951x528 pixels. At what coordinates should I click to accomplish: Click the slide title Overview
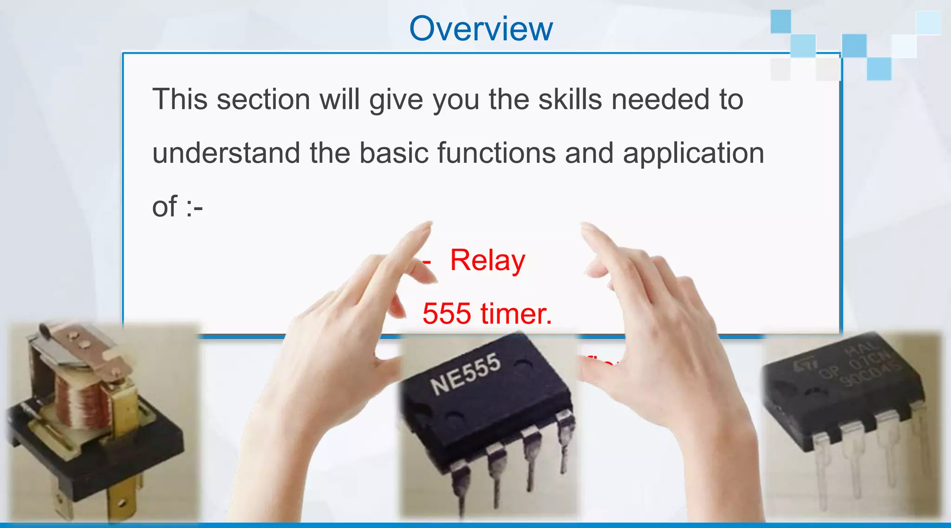pos(481,29)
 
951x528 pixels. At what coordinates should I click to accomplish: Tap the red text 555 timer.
pos(487,314)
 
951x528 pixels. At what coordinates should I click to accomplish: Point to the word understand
pos(226,153)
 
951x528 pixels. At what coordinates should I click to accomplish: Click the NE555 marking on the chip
pos(465,373)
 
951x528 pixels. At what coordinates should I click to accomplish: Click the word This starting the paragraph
pos(180,99)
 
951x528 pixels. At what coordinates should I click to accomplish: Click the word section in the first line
pos(263,99)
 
